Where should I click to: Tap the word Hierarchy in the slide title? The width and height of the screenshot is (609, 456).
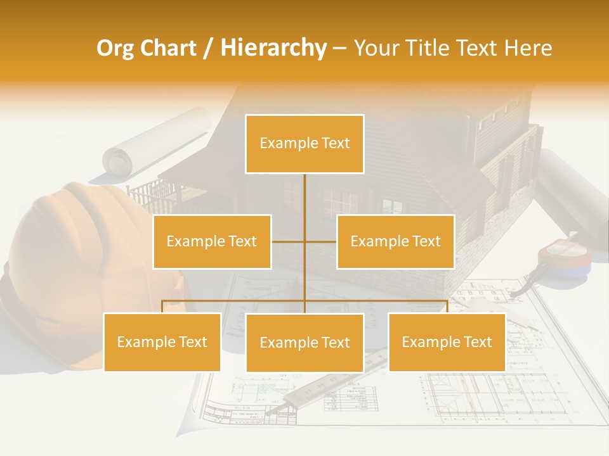[x=273, y=48]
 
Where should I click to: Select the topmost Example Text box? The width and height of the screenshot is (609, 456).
[x=304, y=144]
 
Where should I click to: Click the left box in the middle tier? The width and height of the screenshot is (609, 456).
[x=212, y=241]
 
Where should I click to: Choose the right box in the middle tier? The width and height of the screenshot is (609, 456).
[x=395, y=241]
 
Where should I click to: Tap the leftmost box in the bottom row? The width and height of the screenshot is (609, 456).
[x=162, y=342]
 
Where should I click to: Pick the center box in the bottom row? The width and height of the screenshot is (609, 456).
[x=304, y=343]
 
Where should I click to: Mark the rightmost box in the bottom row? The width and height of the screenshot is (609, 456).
[x=447, y=342]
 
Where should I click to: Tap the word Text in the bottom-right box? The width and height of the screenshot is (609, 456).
[x=477, y=342]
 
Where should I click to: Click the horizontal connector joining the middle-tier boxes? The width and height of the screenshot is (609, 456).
[x=304, y=241]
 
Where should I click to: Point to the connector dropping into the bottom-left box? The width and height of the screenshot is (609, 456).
[x=162, y=307]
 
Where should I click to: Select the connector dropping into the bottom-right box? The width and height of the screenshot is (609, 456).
[x=447, y=307]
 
